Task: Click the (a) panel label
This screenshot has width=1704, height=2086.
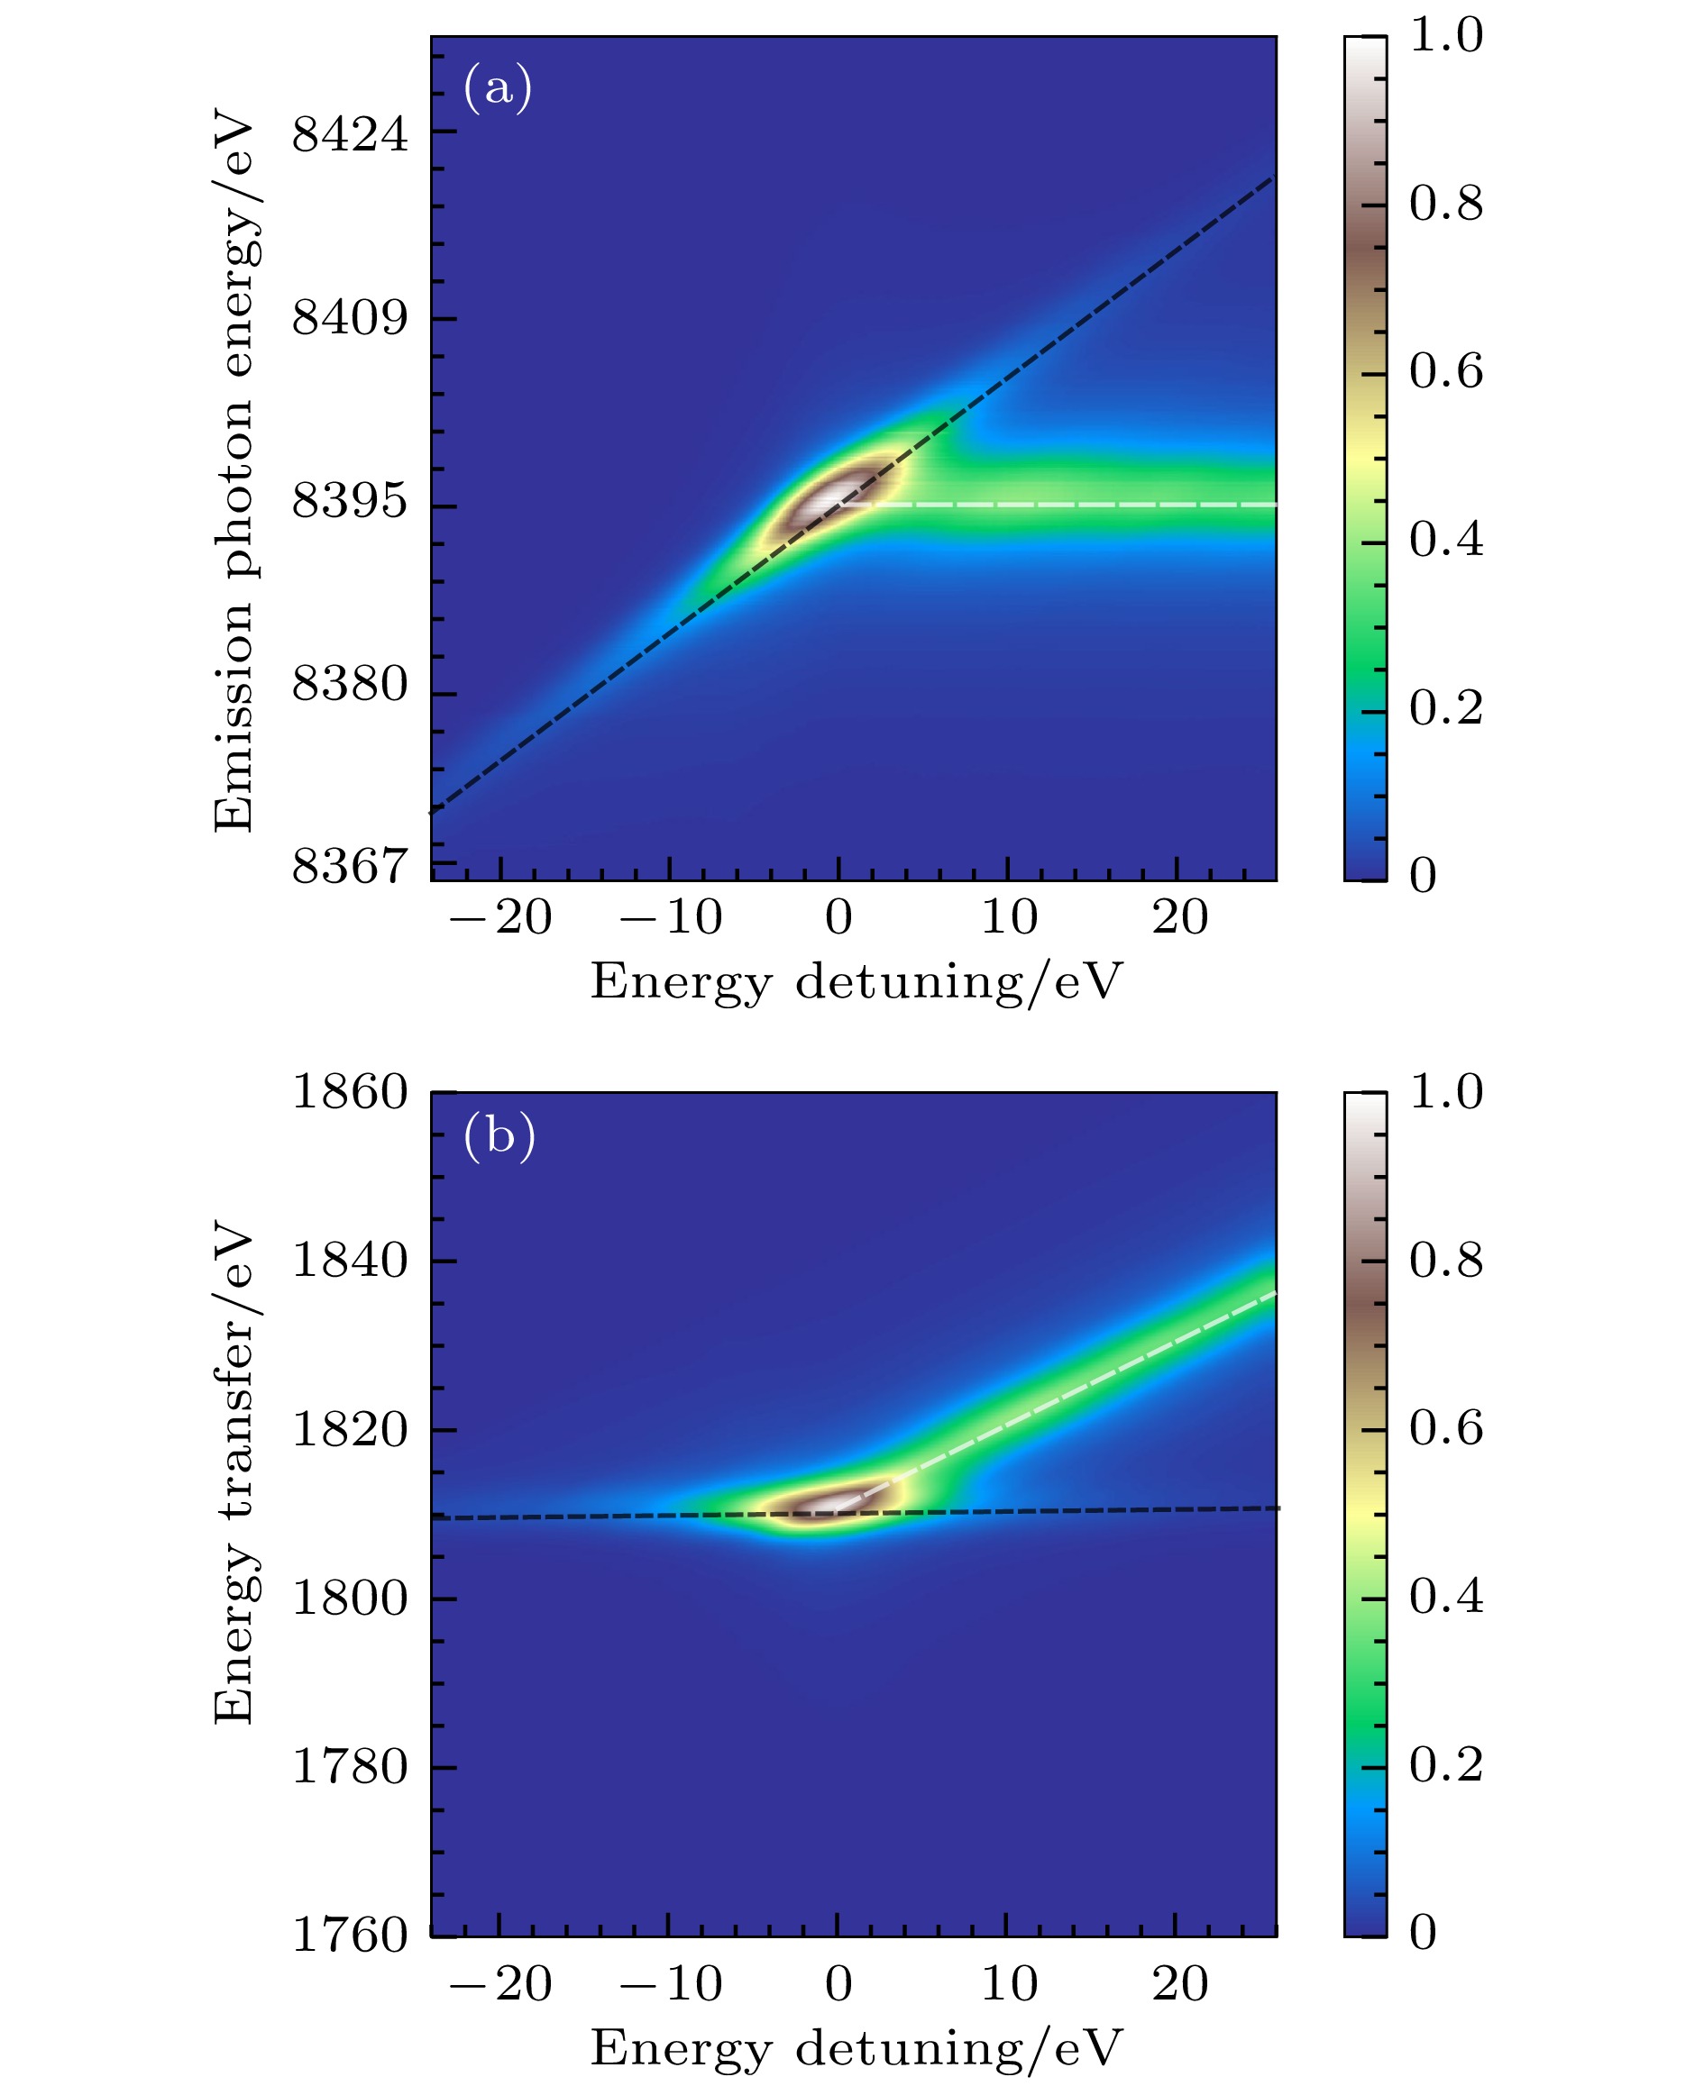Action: [498, 88]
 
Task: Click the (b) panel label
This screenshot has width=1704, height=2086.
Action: [499, 1135]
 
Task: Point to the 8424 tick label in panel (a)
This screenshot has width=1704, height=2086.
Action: [350, 133]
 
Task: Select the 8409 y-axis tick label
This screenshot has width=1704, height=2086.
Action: [350, 318]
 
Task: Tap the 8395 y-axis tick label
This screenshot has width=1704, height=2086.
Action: [350, 503]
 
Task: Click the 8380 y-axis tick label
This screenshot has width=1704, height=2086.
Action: [350, 684]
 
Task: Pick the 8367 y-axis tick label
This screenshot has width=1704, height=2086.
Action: [350, 868]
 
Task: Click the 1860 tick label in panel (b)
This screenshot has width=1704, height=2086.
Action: [350, 1092]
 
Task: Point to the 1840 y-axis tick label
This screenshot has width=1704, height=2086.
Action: [350, 1261]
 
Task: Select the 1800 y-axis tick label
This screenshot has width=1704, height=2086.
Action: [350, 1599]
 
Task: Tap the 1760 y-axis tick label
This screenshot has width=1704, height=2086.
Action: [350, 1936]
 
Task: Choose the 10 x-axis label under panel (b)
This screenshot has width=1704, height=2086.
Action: [1009, 1984]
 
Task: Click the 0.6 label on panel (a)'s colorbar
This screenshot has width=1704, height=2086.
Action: [1446, 373]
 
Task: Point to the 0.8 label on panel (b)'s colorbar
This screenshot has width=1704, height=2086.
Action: [1446, 1261]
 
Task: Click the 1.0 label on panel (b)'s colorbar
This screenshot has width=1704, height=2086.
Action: [1446, 1092]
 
